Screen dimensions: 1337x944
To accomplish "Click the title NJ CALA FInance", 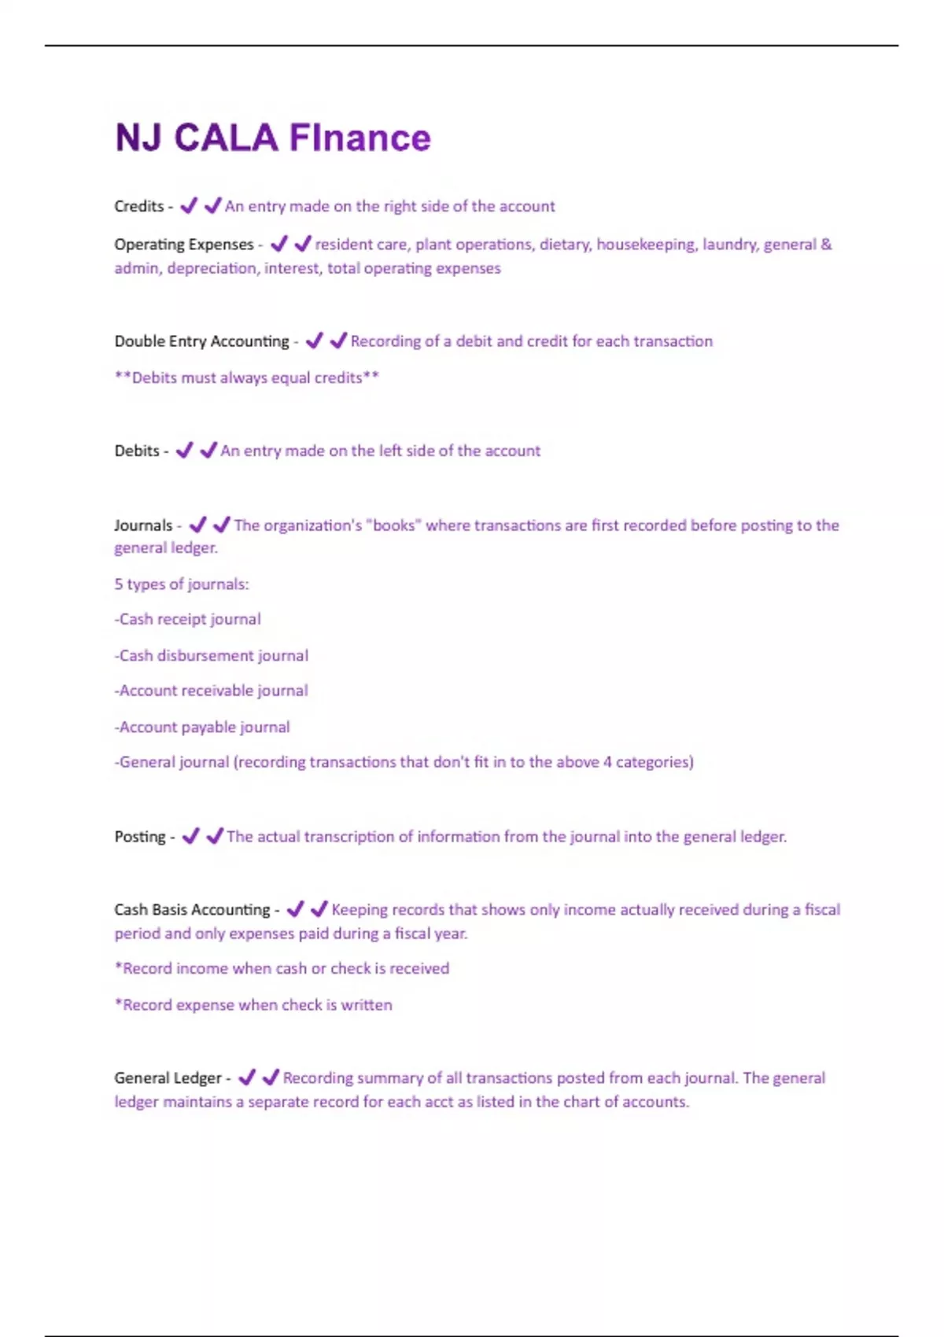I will [272, 138].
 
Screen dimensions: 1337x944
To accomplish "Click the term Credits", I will [138, 206].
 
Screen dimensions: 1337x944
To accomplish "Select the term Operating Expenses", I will [183, 245].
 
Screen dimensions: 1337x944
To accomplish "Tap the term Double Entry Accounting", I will [201, 341].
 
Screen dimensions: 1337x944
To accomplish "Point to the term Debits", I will [136, 451].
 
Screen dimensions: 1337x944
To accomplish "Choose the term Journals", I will [142, 525].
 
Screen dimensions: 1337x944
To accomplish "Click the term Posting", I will [139, 837].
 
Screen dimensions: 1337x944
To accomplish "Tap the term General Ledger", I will [168, 1078].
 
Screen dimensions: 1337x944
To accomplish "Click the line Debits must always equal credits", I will [247, 378].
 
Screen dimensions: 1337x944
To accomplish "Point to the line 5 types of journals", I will [181, 584].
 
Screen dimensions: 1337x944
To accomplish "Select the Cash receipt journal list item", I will [187, 620].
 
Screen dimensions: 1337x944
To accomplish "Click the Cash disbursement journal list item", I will [211, 655].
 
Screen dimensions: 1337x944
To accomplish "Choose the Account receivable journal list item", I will [211, 691].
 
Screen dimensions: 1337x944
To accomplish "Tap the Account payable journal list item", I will [202, 727].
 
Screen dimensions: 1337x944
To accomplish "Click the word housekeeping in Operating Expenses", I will [645, 245].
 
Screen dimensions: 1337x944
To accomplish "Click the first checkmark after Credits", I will [189, 206].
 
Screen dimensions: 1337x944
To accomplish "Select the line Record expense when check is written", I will [253, 1005].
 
